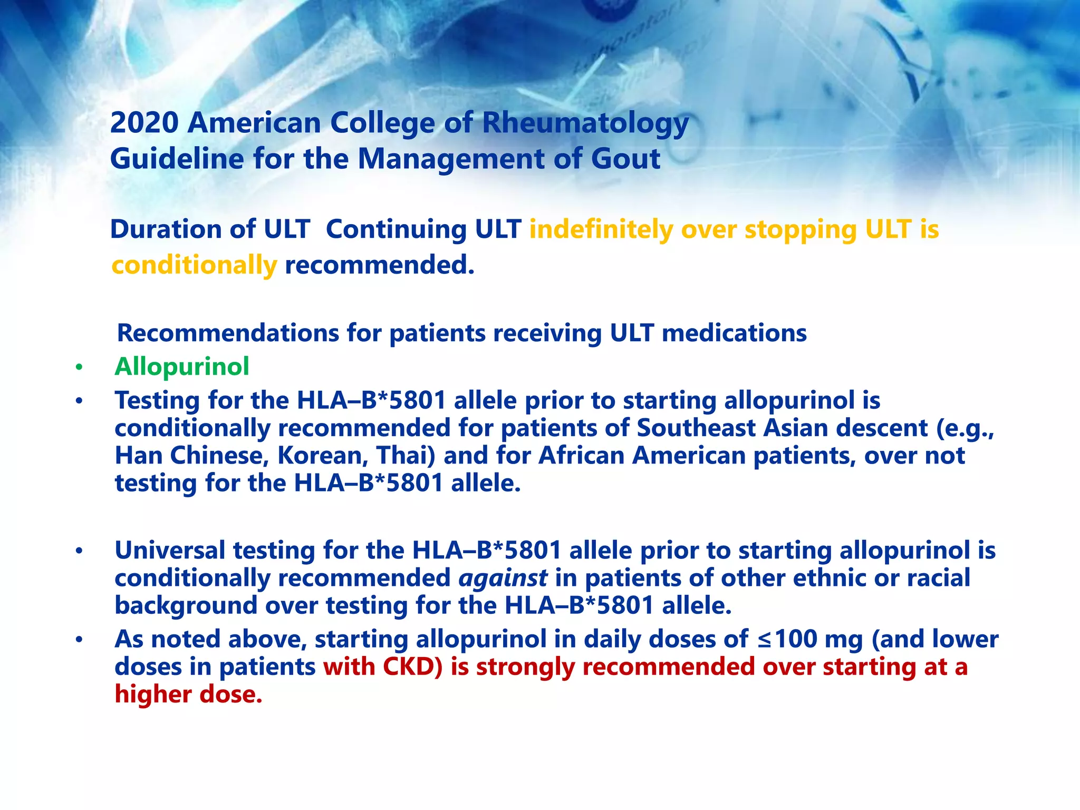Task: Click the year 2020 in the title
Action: [x=144, y=123]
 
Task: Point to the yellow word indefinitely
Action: [x=601, y=230]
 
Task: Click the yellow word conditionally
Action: [x=194, y=265]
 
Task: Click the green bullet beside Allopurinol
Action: [x=79, y=368]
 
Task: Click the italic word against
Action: [x=503, y=578]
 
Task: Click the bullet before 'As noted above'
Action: [x=79, y=640]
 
